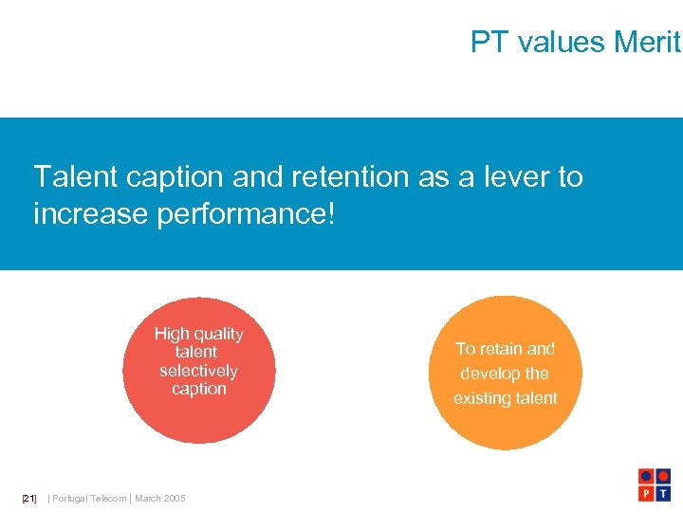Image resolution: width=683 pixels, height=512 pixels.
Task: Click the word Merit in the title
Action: tap(648, 42)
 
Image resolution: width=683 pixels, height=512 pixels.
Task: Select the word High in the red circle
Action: tap(172, 334)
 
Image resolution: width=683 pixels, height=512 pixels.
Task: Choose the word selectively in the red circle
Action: tap(198, 371)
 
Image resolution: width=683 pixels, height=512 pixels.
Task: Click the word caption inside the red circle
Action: tap(199, 389)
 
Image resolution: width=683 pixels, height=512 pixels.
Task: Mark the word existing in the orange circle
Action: tap(482, 398)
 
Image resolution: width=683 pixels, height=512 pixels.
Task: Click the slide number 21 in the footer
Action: tap(29, 499)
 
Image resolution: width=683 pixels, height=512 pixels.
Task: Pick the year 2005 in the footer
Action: tap(175, 499)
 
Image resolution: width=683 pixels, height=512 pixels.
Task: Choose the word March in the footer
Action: tap(147, 499)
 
